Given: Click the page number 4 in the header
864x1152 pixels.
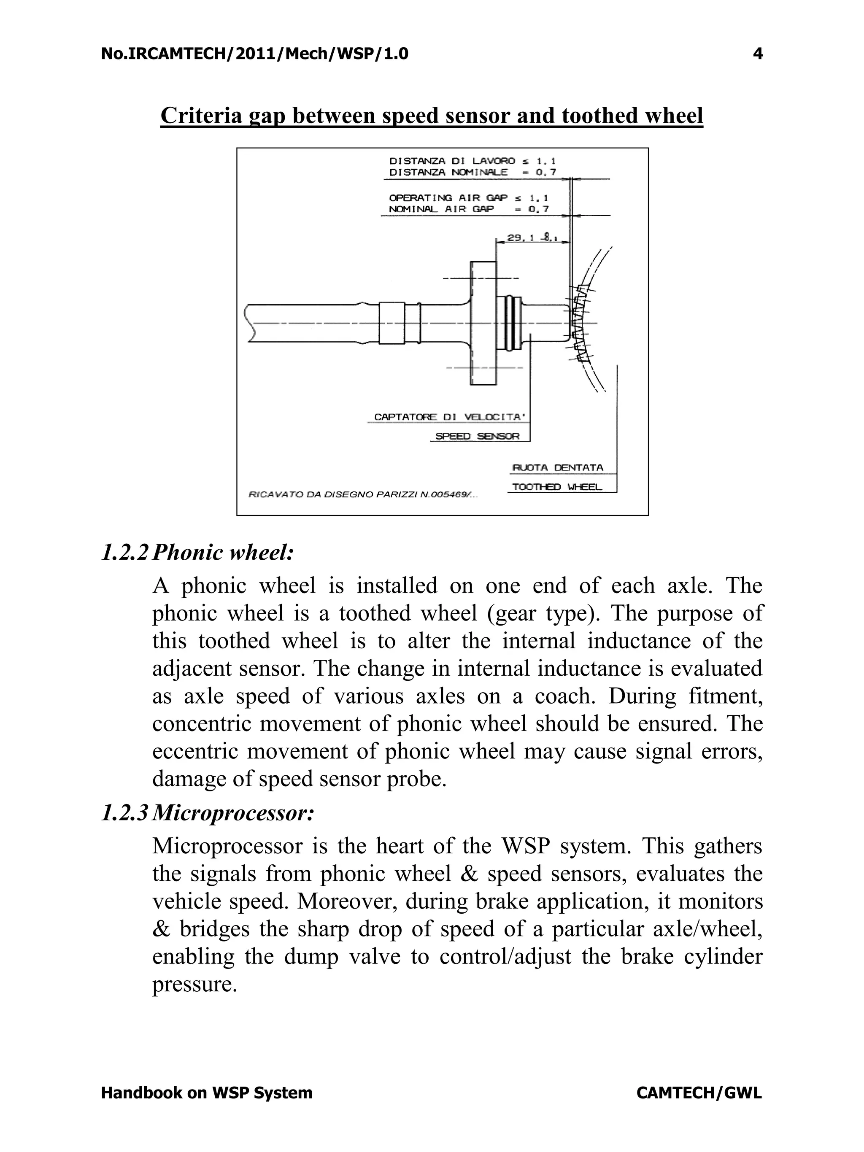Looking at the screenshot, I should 758,54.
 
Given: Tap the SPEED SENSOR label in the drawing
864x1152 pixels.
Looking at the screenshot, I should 477,436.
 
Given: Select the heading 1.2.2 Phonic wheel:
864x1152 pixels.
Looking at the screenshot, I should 197,553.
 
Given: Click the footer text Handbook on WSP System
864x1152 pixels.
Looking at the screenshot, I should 207,1093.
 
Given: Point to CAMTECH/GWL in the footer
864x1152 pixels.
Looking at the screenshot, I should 699,1093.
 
